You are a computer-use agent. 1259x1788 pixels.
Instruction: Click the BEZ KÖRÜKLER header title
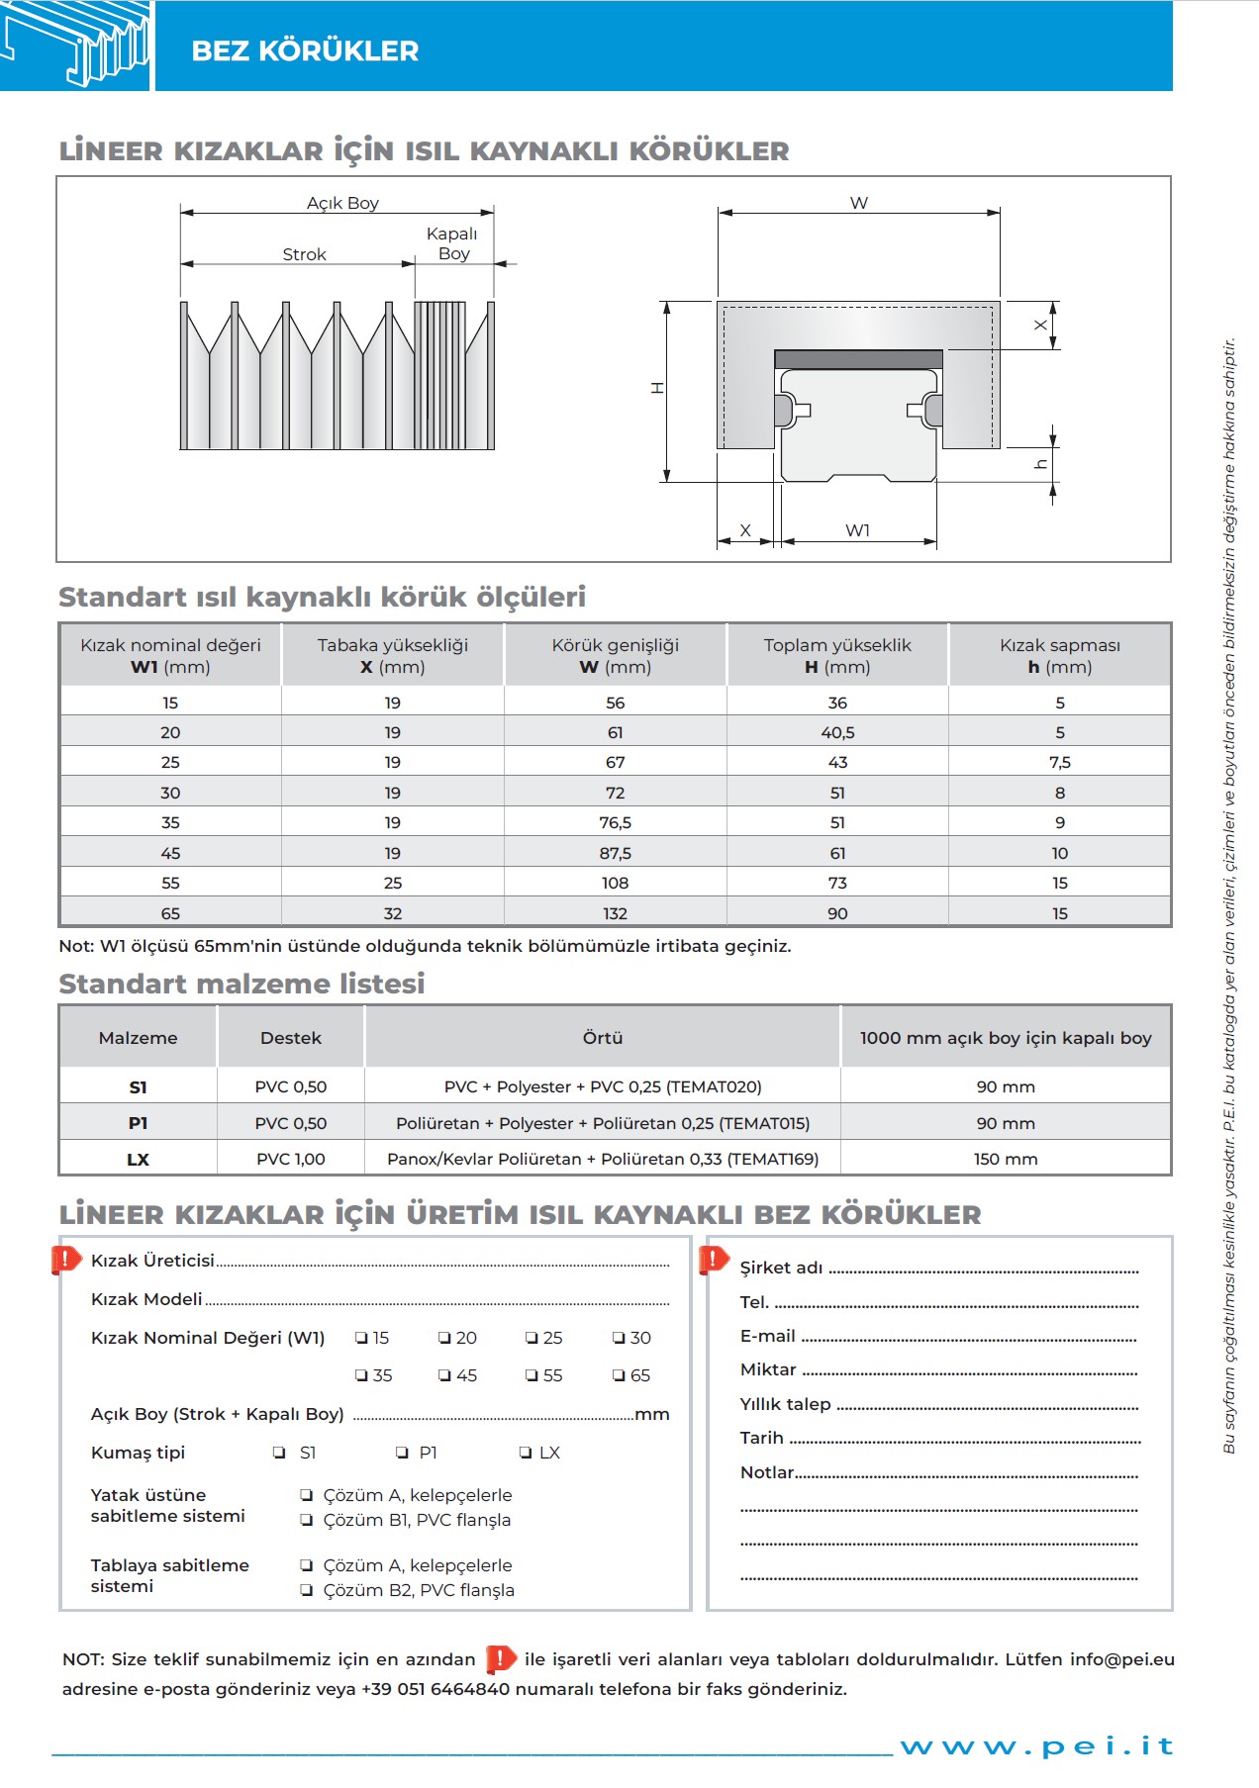pyautogui.click(x=305, y=50)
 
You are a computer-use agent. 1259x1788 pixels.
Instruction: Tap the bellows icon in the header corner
pyautogui.click(x=75, y=46)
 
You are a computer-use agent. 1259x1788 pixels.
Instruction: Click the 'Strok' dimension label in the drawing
pyautogui.click(x=304, y=254)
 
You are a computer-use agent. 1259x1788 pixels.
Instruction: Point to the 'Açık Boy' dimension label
pyautogui.click(x=342, y=203)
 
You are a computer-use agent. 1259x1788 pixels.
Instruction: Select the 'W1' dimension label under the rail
pyautogui.click(x=857, y=530)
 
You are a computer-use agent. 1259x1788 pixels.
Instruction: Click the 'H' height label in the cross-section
pyautogui.click(x=656, y=388)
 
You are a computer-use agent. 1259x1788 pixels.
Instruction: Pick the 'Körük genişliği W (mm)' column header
pyautogui.click(x=615, y=655)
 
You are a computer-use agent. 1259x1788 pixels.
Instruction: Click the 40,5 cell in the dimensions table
pyautogui.click(x=837, y=732)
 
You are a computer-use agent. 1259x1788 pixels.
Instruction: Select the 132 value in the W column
pyautogui.click(x=615, y=913)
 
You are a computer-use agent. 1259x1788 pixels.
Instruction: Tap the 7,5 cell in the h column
pyautogui.click(x=1059, y=762)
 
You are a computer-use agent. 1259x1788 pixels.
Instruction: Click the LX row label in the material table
pyautogui.click(x=138, y=1159)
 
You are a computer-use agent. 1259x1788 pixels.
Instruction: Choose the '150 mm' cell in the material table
pyautogui.click(x=1006, y=1159)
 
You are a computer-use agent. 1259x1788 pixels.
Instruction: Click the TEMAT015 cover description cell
pyautogui.click(x=603, y=1123)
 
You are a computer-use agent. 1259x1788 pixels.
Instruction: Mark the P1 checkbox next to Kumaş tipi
pyautogui.click(x=402, y=1453)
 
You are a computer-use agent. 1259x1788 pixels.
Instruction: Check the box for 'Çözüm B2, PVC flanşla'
pyautogui.click(x=307, y=1590)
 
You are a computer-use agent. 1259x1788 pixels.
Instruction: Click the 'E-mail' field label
pyautogui.click(x=768, y=1336)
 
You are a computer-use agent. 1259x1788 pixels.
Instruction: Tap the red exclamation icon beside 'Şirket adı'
pyautogui.click(x=713, y=1260)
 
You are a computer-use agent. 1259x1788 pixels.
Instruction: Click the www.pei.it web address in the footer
pyautogui.click(x=1036, y=1745)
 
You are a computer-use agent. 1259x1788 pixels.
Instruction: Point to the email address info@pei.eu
pyautogui.click(x=1121, y=1659)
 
